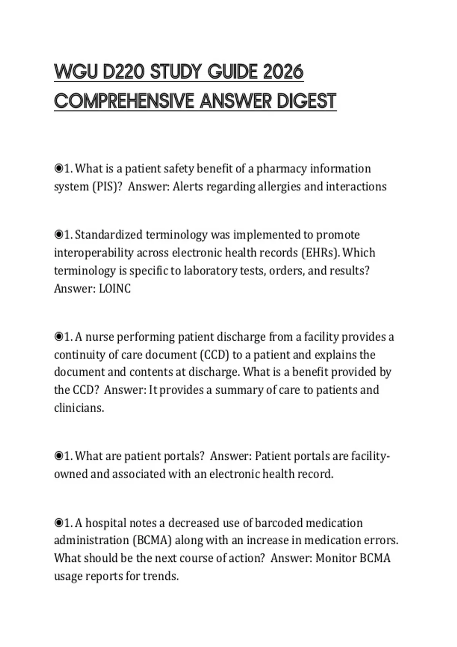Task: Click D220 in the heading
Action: pos(123,72)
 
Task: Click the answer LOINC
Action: pos(115,289)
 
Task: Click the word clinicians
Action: pos(79,408)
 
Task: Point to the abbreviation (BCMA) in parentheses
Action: pos(152,540)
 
